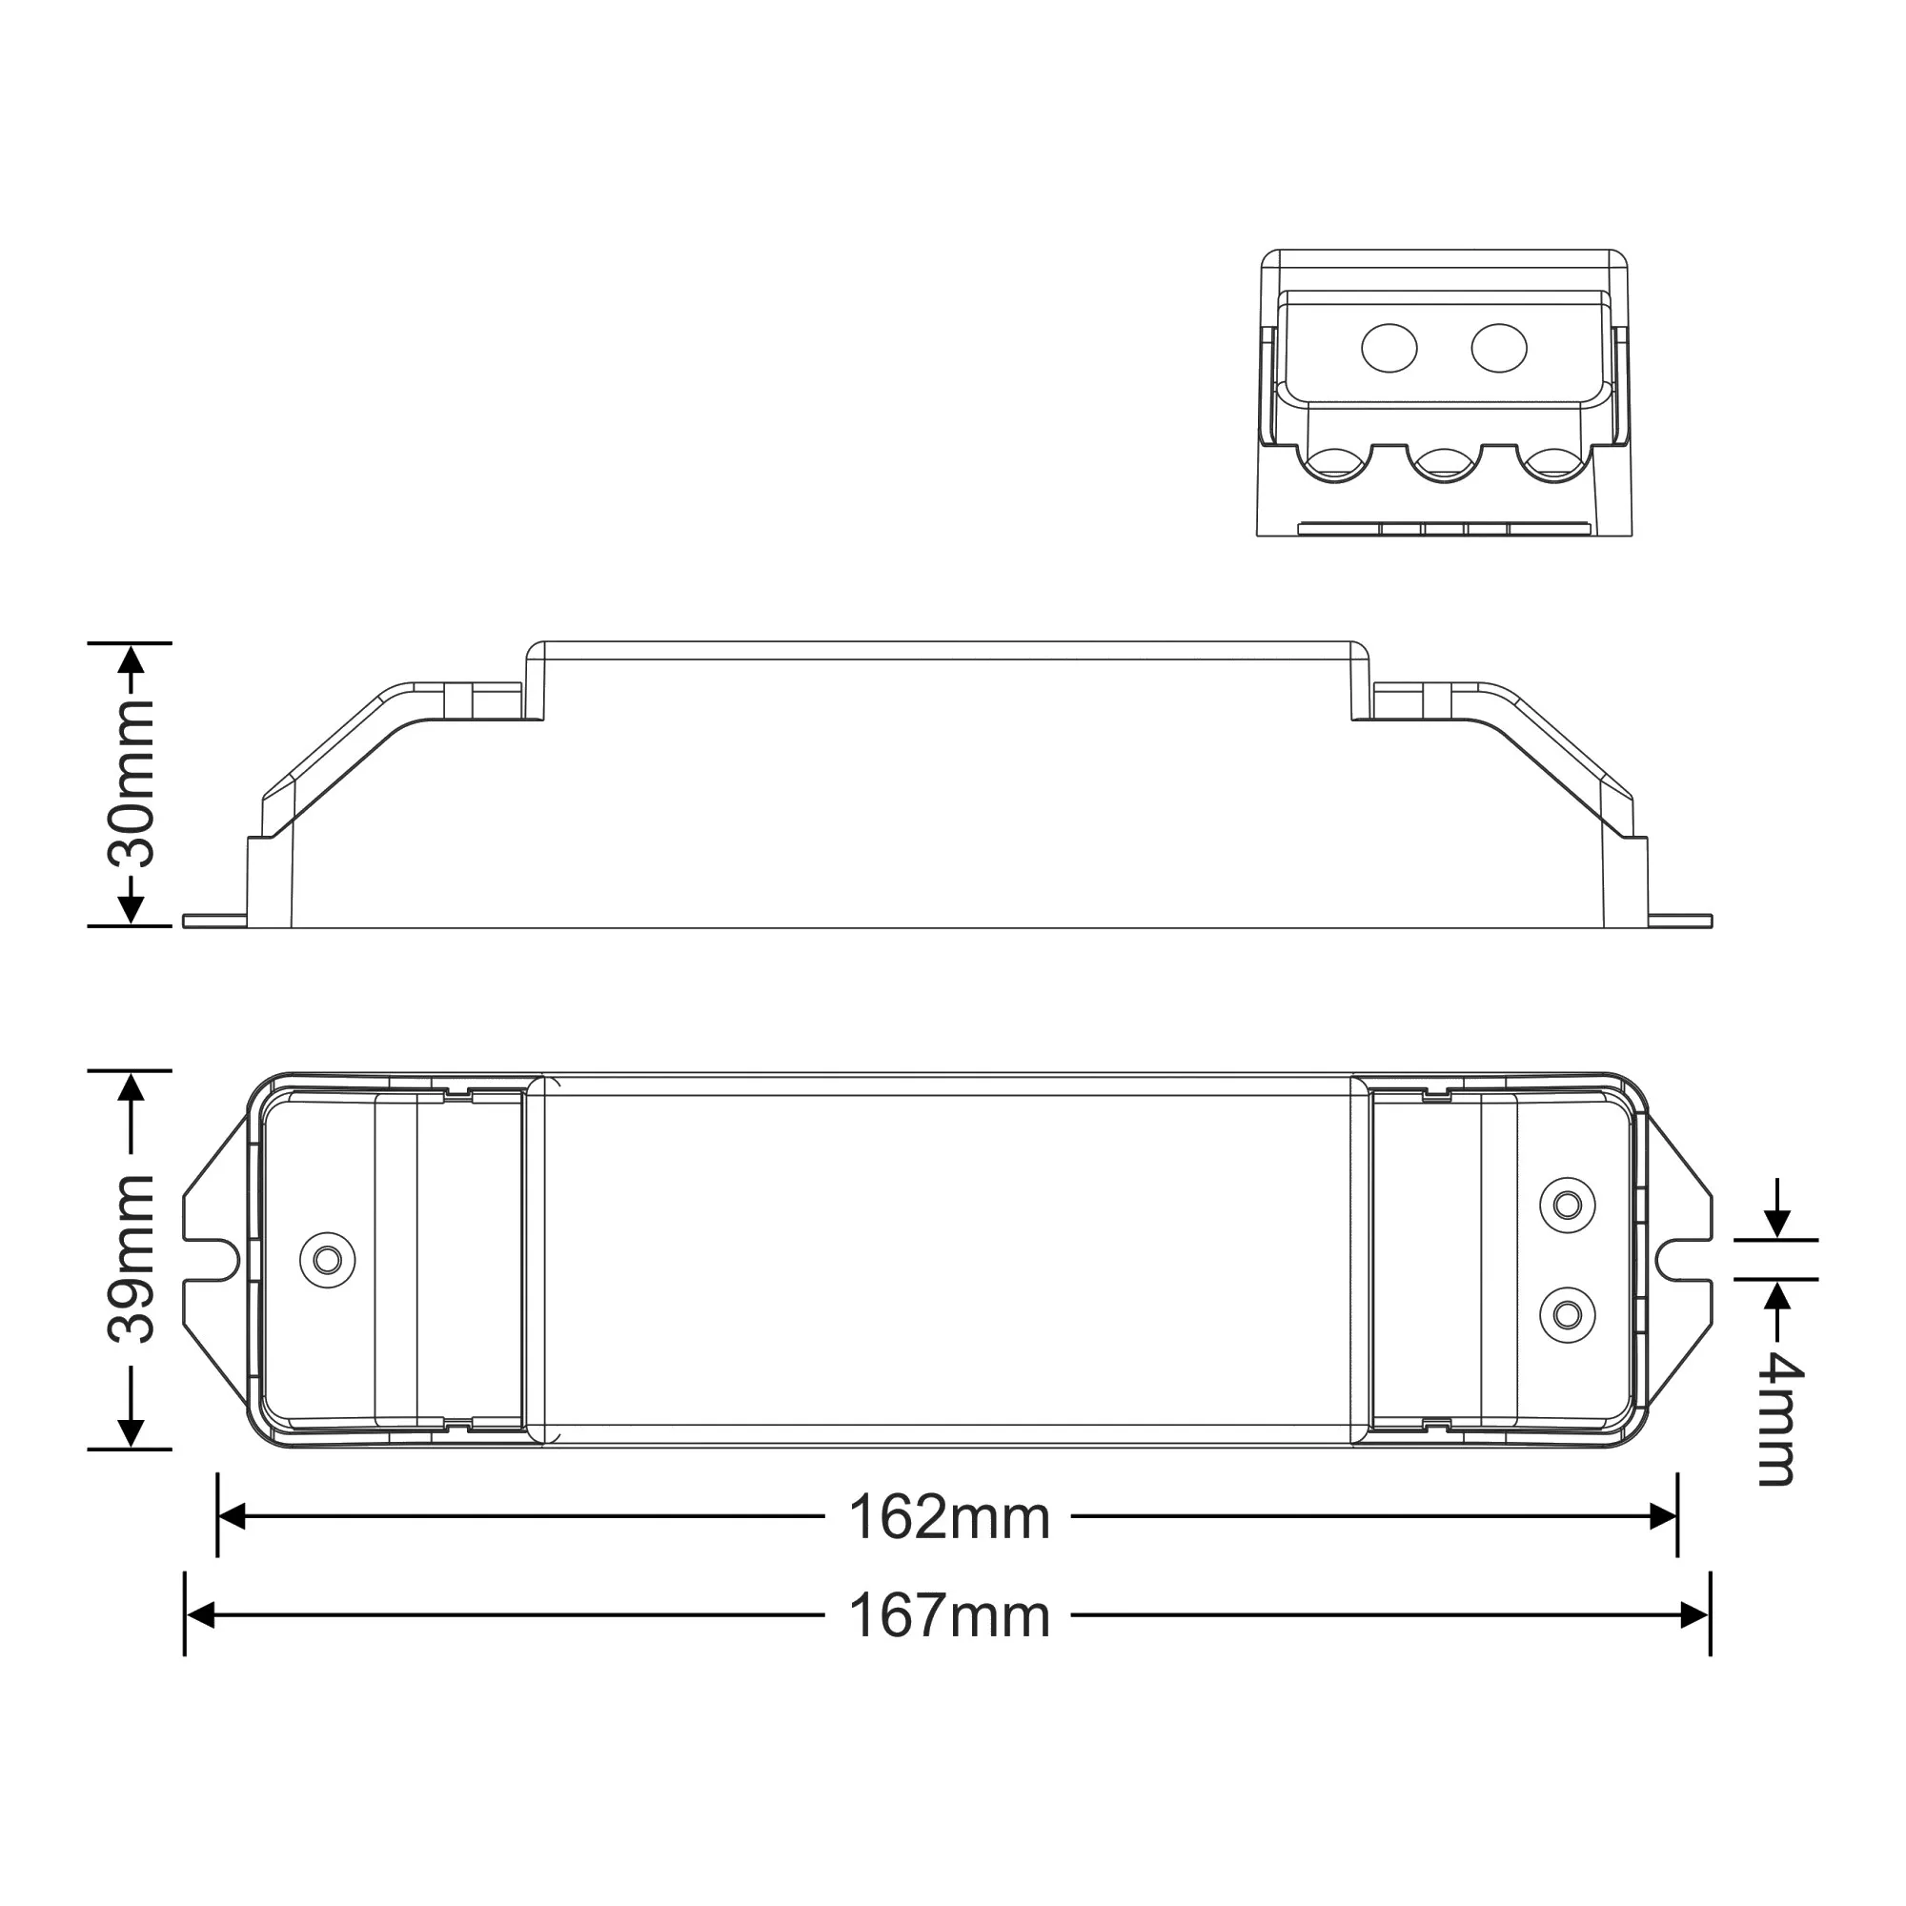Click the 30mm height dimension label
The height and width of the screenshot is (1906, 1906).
click(132, 784)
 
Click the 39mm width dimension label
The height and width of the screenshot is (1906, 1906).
click(132, 1259)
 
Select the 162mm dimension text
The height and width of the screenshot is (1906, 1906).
click(948, 1517)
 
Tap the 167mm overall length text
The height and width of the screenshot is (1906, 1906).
click(948, 1616)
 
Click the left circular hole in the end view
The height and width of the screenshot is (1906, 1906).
click(1389, 348)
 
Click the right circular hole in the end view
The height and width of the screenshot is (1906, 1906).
click(1498, 348)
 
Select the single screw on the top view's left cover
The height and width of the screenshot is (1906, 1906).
click(328, 1260)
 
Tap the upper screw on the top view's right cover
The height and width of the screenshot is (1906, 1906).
click(1568, 1205)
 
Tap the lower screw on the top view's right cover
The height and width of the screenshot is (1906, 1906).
click(1568, 1314)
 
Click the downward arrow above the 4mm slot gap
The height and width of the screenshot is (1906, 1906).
click(1776, 1224)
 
